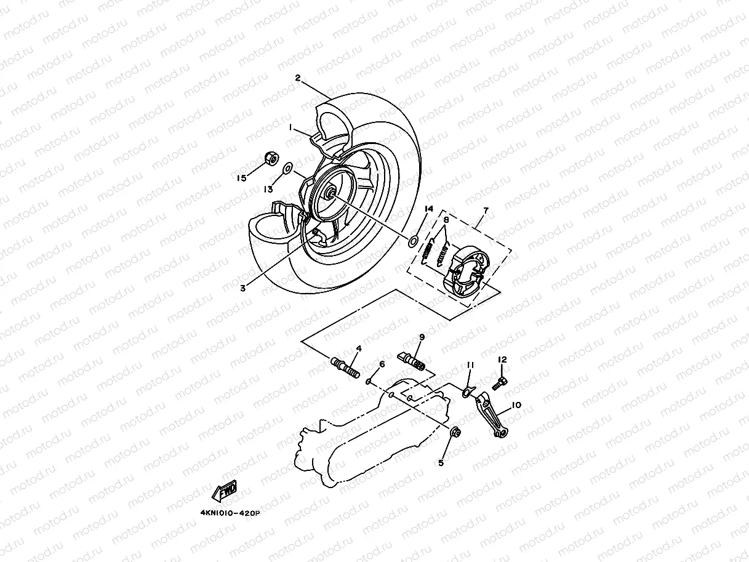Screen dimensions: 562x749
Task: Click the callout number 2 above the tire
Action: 298,78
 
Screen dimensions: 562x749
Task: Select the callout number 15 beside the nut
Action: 242,178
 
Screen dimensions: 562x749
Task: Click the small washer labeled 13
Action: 287,168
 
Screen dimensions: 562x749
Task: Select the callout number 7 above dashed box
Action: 486,211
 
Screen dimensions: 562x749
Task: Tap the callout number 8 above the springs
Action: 446,219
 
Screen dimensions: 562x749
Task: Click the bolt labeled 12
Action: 499,383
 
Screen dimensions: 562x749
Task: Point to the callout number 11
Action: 470,365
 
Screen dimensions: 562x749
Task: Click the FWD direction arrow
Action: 225,491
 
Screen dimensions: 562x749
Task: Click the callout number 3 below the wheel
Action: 242,287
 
